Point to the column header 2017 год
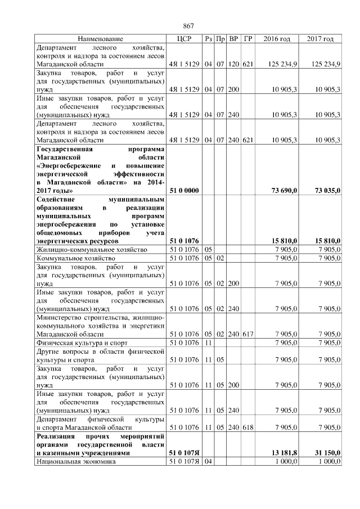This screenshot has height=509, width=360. coord(321,39)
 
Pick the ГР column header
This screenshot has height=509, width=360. coord(248,39)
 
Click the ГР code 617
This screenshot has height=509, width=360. coord(248,334)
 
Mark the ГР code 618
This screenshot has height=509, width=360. coord(248,427)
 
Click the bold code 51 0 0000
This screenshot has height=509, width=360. coord(184,191)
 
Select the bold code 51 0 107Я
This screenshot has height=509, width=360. coord(184,452)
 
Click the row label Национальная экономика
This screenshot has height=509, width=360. coord(75,462)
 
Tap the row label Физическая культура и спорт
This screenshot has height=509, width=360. coord(82,343)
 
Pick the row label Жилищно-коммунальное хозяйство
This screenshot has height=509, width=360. coord(91,249)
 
